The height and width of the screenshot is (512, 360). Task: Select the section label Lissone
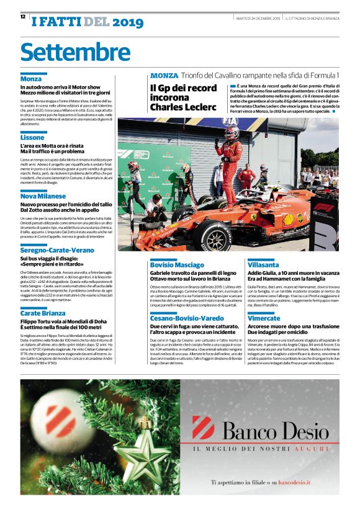click(x=32, y=137)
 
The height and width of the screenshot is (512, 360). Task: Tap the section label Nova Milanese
click(x=43, y=196)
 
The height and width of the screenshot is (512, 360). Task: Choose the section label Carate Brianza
click(x=43, y=313)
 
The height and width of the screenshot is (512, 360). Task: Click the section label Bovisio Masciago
click(x=177, y=264)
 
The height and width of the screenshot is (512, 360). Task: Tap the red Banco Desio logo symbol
click(x=203, y=428)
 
